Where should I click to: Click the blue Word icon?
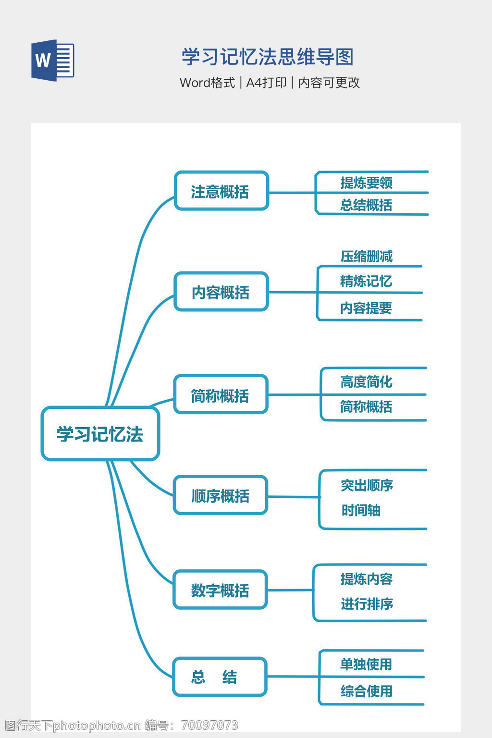click(52, 61)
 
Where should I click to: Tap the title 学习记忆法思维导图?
click(268, 57)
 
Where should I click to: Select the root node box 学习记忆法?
click(100, 434)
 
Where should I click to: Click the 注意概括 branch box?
click(221, 191)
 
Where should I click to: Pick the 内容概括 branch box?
click(221, 292)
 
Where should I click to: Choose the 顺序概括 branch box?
click(221, 495)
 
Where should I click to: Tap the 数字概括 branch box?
click(220, 590)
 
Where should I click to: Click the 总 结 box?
click(220, 677)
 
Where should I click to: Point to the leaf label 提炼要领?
click(367, 183)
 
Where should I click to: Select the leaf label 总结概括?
click(367, 205)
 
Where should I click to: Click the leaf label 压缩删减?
click(367, 256)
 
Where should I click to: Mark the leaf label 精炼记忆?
click(367, 281)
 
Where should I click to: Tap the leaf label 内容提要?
click(367, 308)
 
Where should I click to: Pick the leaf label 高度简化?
click(367, 382)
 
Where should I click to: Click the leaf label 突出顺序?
click(367, 485)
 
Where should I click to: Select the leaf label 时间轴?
click(361, 510)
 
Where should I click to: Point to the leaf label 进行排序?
click(367, 604)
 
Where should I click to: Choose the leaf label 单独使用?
click(367, 664)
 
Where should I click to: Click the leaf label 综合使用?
click(367, 691)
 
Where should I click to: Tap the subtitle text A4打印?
click(266, 83)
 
